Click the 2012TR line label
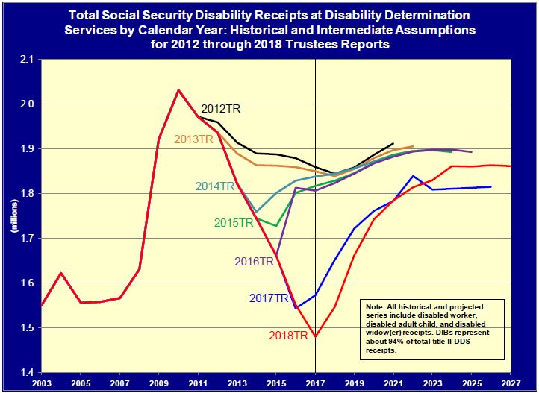[221, 109]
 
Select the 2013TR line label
[193, 139]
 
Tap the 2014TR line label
[216, 186]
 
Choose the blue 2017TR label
[269, 298]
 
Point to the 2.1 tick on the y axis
[28, 59]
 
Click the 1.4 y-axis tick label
[28, 372]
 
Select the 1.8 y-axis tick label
[28, 193]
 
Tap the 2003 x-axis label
[42, 383]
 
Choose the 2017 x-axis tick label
[316, 383]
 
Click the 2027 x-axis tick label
[511, 383]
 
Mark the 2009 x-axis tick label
[159, 383]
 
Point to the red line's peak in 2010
[178, 90]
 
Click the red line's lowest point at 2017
[316, 336]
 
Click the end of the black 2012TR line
[393, 143]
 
